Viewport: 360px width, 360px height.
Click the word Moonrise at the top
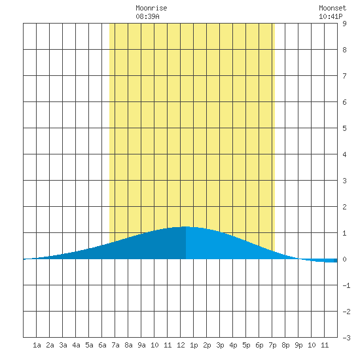pos(151,8)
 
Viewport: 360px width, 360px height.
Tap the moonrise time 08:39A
pos(147,16)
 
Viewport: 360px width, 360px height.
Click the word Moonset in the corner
pos(333,8)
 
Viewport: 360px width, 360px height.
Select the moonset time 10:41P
pos(331,16)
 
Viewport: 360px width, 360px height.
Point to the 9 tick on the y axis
pos(344,24)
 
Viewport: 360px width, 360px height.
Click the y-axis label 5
pos(344,128)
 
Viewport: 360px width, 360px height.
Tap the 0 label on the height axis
pos(344,259)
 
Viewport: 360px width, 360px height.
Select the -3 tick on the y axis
pos(346,338)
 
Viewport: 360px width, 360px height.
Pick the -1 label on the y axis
pos(346,285)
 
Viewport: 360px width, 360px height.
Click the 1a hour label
pos(37,345)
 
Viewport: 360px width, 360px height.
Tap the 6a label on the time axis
pos(102,345)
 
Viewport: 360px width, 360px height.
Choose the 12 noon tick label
pos(181,345)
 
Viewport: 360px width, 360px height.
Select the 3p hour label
pos(220,345)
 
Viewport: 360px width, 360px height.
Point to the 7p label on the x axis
pos(272,345)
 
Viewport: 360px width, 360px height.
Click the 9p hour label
pos(298,345)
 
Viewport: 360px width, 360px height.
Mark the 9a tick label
pos(141,345)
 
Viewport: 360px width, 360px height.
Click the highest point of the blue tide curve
pos(185,227)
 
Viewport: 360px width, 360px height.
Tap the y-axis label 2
pos(344,207)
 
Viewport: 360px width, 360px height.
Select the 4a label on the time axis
pos(76,345)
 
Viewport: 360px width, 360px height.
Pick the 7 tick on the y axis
pos(344,76)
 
